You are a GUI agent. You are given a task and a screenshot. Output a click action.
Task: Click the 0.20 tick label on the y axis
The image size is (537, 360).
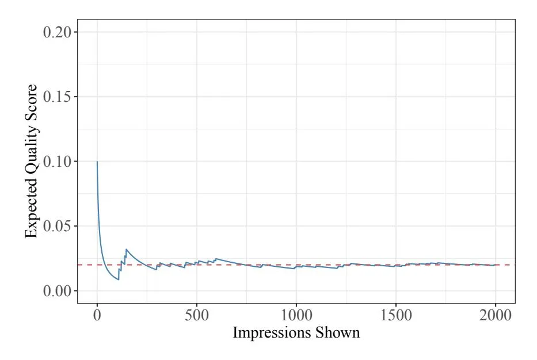point(60,32)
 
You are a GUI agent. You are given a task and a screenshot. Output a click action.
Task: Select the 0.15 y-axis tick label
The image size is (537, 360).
point(60,97)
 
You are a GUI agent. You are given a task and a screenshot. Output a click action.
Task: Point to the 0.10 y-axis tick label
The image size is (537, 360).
point(60,162)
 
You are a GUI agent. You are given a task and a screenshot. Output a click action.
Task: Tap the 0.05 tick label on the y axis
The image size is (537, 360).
point(60,226)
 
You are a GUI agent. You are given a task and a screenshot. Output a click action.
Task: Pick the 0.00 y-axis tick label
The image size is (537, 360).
point(60,291)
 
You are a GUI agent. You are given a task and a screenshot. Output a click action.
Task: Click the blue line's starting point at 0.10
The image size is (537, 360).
point(97,162)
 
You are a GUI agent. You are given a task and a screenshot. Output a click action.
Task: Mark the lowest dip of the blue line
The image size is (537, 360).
point(119,279)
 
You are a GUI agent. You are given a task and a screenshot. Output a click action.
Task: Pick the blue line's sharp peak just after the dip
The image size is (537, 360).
point(126,250)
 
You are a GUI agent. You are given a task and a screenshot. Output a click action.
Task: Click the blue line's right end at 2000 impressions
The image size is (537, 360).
point(495,265)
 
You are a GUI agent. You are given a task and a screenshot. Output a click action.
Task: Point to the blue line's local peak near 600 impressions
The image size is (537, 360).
point(216,259)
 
